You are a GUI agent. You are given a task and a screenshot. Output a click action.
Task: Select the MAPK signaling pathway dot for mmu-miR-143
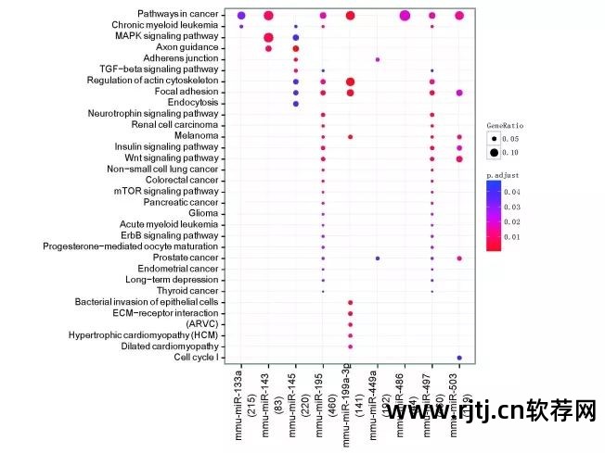click(x=268, y=37)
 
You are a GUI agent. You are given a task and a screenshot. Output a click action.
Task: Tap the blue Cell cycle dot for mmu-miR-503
click(x=458, y=357)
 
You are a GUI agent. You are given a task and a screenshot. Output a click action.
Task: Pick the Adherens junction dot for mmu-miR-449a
click(x=377, y=59)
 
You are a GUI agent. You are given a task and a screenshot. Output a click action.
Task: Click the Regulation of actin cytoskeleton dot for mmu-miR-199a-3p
click(x=350, y=82)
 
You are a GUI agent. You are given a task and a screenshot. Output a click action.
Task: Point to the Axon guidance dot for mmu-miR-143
click(x=268, y=48)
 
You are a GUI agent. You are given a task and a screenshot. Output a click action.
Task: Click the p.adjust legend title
click(x=504, y=172)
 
